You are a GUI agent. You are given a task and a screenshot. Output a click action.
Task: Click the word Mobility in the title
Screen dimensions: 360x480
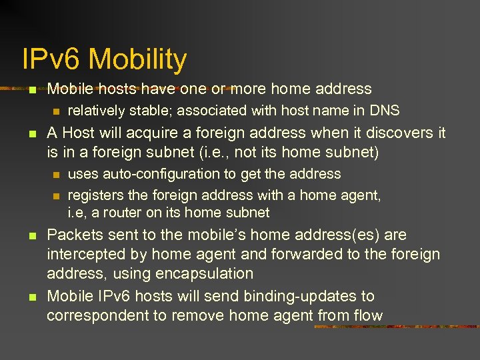pyautogui.click(x=137, y=59)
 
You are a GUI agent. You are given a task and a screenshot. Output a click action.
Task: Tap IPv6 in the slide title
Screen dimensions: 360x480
pyautogui.click(x=52, y=59)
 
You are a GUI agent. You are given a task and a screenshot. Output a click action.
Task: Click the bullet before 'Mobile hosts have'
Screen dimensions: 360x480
pyautogui.click(x=33, y=89)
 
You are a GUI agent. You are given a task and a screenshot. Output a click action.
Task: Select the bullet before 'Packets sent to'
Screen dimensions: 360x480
pyautogui.click(x=33, y=236)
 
